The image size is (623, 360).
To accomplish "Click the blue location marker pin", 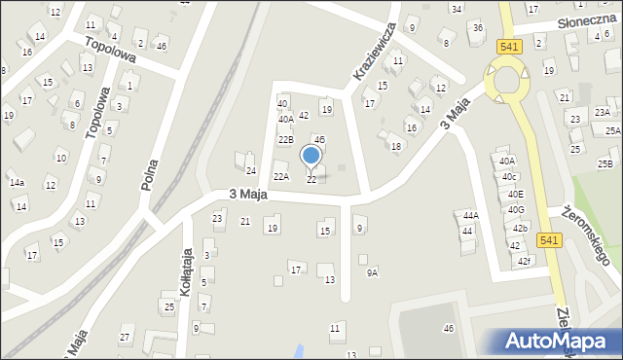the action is [x=311, y=156].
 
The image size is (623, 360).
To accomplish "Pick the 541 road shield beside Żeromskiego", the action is [x=548, y=240].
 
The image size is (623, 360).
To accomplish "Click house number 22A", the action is [x=280, y=176].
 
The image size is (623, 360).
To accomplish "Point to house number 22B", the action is [x=285, y=139].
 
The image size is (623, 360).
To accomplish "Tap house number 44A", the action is [x=471, y=215].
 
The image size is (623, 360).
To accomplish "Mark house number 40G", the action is [x=516, y=209].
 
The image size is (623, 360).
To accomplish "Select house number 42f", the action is [x=525, y=261].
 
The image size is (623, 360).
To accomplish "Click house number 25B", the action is [x=605, y=163].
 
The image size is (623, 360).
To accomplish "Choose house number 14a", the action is [x=17, y=182].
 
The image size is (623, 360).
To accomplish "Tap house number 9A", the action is [x=372, y=273].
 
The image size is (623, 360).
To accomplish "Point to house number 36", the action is [x=477, y=27].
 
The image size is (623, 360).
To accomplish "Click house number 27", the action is [x=125, y=338].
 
